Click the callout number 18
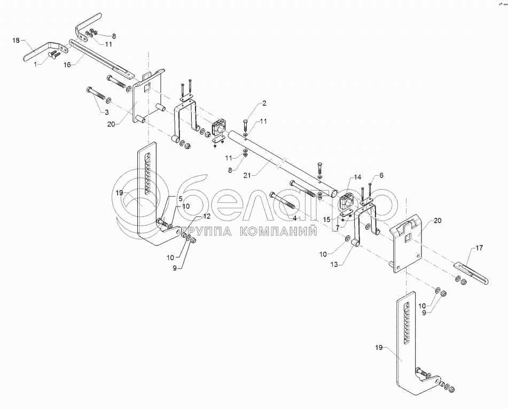click(15, 40)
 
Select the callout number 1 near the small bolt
click(36, 64)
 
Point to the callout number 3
click(106, 112)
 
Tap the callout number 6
click(381, 175)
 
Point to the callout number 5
click(180, 198)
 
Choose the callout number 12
click(207, 216)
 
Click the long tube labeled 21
click(283, 163)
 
